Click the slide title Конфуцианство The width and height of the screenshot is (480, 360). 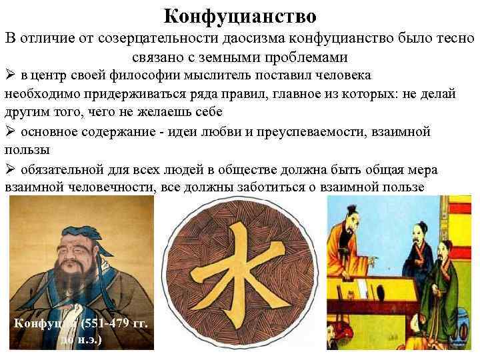pyautogui.click(x=240, y=15)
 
